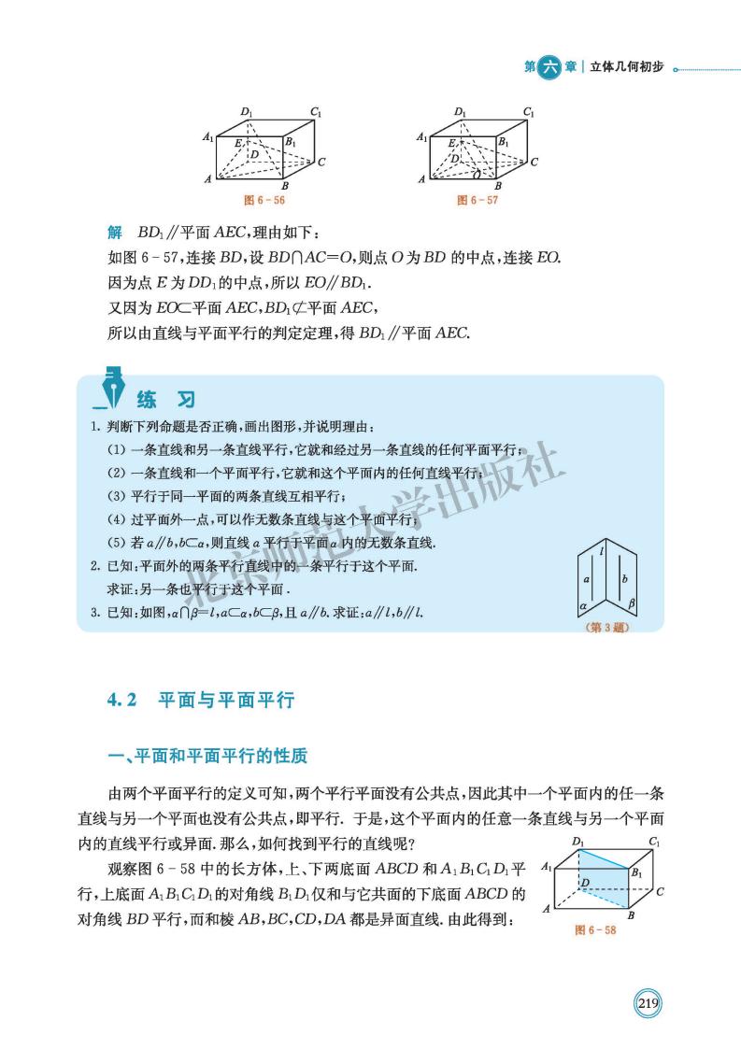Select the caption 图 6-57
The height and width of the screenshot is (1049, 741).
477,200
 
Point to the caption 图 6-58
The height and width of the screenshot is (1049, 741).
595,930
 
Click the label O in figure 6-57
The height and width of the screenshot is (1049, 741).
477,175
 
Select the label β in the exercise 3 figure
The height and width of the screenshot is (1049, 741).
632,604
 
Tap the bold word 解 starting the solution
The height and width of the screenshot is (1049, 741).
115,232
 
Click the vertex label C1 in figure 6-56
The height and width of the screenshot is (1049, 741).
317,112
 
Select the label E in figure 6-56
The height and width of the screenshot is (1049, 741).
239,142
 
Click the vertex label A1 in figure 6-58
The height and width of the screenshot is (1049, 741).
548,868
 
